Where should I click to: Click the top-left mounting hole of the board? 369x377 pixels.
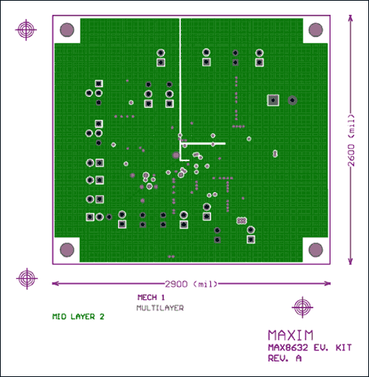(x=67, y=30)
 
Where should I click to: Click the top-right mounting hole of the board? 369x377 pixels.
(x=316, y=30)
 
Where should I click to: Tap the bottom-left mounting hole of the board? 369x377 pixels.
(x=67, y=250)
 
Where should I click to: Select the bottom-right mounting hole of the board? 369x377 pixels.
(x=316, y=250)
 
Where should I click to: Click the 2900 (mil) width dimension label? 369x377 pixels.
(x=191, y=284)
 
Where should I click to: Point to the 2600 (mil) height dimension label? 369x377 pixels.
(x=351, y=140)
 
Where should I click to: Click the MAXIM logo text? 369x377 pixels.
(x=291, y=335)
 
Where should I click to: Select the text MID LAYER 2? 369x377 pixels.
(x=78, y=316)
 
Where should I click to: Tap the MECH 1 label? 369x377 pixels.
(x=151, y=297)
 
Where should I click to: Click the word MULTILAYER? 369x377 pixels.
(x=160, y=308)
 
